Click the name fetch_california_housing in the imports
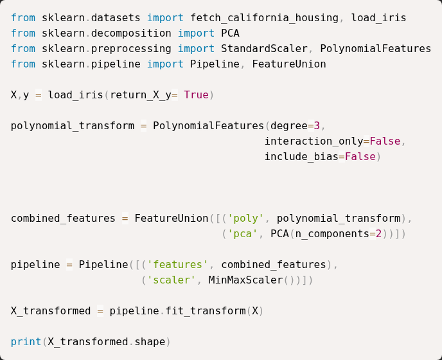coord(265,18)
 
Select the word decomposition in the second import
coord(131,33)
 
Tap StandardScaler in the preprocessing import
coord(264,48)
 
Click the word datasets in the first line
coord(116,18)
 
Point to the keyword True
coord(196,94)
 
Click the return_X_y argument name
coord(141,95)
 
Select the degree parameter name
coord(289,126)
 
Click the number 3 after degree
coord(317,126)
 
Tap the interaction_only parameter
coord(314,141)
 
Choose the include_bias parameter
coord(301,157)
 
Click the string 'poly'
coord(245,219)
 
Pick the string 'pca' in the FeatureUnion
coord(242,234)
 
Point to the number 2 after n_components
coord(378,234)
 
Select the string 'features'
coord(177,265)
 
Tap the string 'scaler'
coord(172,280)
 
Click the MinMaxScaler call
coord(245,280)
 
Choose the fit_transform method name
coord(206,311)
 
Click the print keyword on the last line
coord(26,342)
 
